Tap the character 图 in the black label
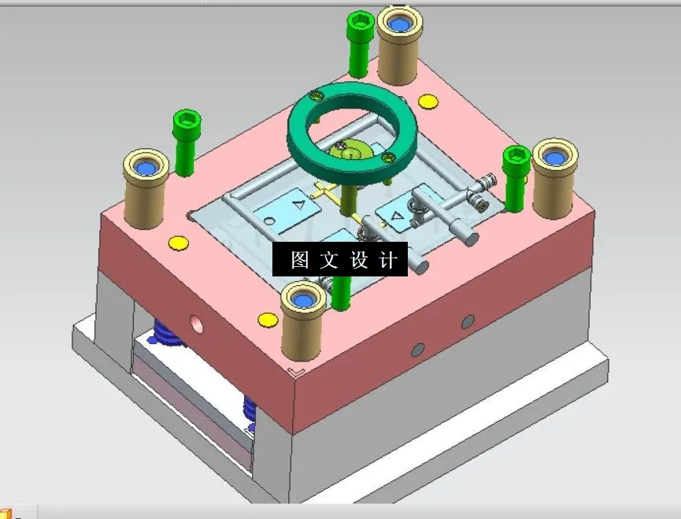tap(299, 260)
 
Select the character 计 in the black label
tap(388, 260)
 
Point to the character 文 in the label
tap(328, 260)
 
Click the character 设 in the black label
tap(359, 260)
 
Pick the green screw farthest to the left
tap(186, 142)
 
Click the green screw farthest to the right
tap(516, 177)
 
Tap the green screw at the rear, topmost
tap(359, 39)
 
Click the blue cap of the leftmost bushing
tap(146, 168)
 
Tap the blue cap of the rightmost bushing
tap(556, 158)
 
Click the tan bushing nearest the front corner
tap(304, 323)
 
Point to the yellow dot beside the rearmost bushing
tap(427, 102)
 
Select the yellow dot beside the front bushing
tap(268, 320)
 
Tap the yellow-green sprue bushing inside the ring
tap(353, 150)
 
